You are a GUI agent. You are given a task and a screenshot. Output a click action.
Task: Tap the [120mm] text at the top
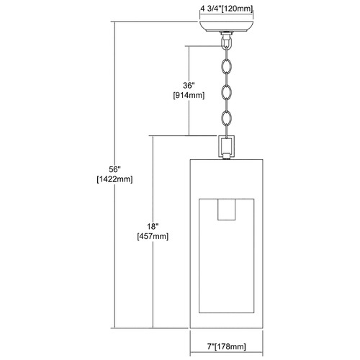click(236, 9)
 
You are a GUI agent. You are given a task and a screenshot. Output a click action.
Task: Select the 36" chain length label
click(189, 86)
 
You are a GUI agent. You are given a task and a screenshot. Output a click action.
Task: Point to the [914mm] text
click(189, 96)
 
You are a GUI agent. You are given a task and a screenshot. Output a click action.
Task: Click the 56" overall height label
click(114, 169)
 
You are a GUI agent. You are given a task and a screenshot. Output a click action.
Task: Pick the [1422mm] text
click(114, 179)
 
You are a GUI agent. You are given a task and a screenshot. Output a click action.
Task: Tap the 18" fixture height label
click(153, 226)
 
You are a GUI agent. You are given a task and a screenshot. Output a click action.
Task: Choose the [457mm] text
click(153, 236)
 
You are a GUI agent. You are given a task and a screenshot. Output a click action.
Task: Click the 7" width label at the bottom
click(210, 346)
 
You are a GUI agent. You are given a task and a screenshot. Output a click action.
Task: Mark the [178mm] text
click(230, 346)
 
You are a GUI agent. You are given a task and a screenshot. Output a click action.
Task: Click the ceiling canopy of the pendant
click(226, 27)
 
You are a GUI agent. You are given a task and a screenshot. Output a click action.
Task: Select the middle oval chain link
click(227, 92)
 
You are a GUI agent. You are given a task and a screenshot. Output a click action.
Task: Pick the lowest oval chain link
click(227, 117)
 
